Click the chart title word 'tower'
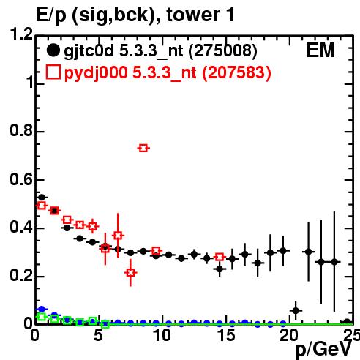192,15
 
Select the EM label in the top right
320,50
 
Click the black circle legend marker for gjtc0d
53,50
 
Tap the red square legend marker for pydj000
53,72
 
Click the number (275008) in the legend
222,50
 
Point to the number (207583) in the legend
236,72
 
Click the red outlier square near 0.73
143,148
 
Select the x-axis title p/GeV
323,349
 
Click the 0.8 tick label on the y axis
21,130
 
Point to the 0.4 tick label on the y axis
21,228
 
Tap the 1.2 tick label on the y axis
21,34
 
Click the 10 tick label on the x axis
162,335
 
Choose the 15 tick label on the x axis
226,335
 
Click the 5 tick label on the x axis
98,335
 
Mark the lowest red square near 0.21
131,273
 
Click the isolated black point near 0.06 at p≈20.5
296,311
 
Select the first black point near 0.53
42,197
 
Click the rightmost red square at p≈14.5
220,257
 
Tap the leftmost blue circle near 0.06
42,310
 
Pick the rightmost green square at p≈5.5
105,324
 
